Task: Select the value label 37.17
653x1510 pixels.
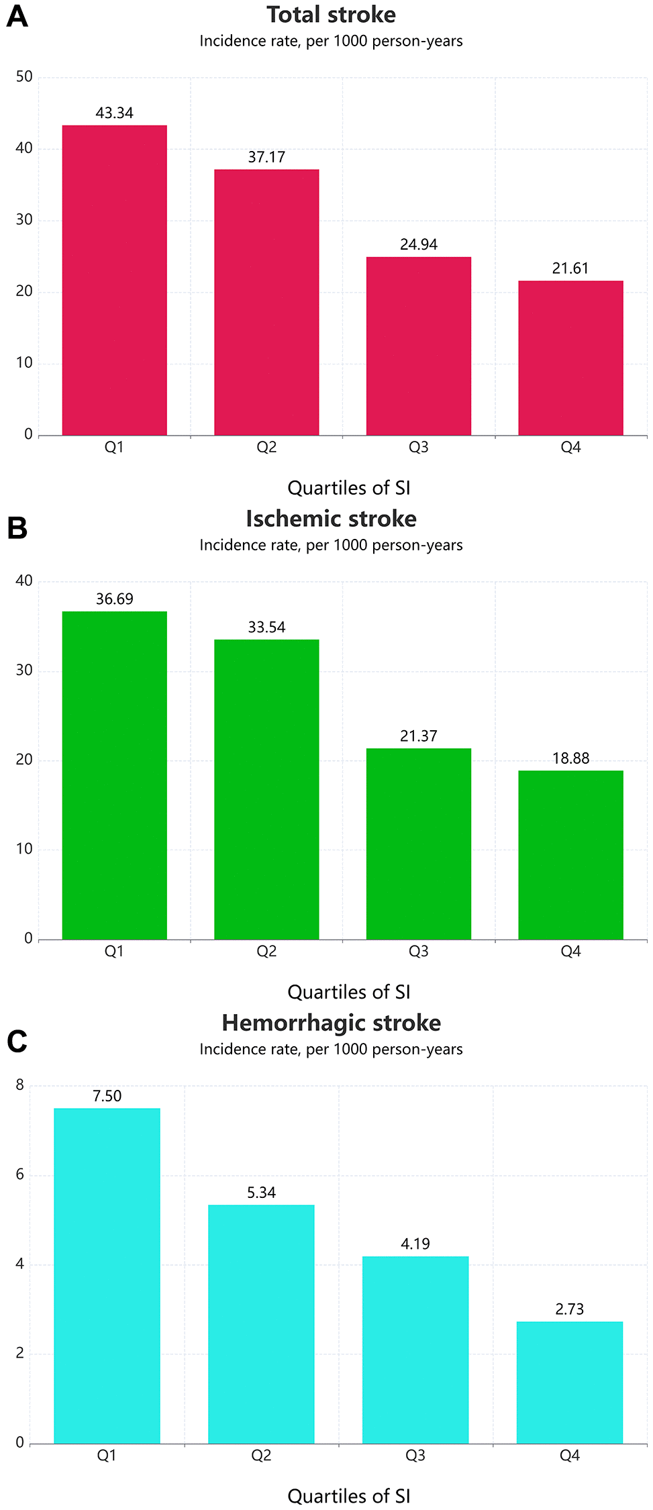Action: (x=266, y=157)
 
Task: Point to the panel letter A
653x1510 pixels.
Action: (x=17, y=17)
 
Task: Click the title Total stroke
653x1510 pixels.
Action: (x=331, y=15)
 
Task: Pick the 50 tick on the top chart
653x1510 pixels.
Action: (x=24, y=77)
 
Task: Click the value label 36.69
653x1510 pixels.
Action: (x=114, y=599)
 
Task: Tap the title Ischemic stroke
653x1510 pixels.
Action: (x=331, y=519)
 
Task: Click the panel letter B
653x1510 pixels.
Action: (x=17, y=528)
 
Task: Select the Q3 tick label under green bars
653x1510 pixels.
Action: (x=418, y=951)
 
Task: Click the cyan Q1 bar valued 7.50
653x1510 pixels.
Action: (x=107, y=1275)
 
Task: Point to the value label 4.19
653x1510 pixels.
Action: (x=415, y=1244)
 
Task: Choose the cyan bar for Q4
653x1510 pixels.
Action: (x=569, y=1382)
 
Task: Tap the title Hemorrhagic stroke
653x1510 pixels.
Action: (x=331, y=1023)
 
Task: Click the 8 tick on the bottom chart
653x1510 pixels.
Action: (x=19, y=1085)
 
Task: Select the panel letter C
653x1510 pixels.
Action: (x=17, y=1042)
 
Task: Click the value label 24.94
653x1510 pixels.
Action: (x=418, y=244)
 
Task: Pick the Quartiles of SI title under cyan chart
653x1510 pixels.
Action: (x=348, y=1496)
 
